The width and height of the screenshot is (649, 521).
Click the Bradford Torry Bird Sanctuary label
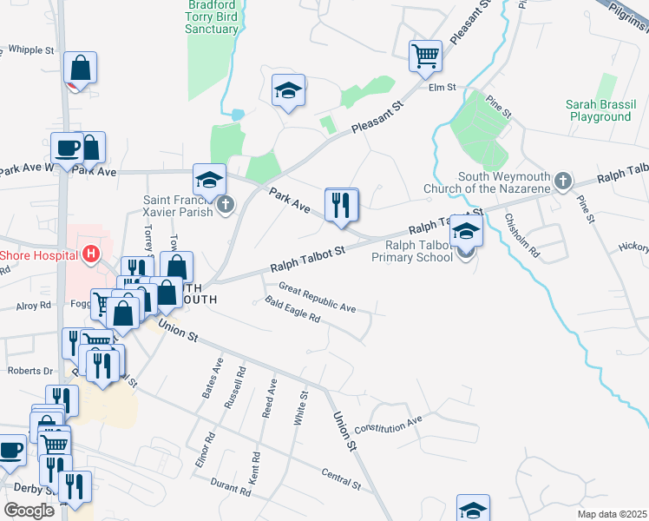(x=212, y=16)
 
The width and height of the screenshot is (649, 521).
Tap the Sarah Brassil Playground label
(x=598, y=110)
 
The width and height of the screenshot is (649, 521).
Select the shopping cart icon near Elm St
(x=425, y=57)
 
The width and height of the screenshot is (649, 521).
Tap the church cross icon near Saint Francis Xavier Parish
(x=226, y=206)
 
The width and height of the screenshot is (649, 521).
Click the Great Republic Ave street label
(x=317, y=296)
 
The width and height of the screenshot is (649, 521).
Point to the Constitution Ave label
(x=387, y=425)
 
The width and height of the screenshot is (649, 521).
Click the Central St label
(x=340, y=478)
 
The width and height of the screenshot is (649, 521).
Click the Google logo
(x=29, y=510)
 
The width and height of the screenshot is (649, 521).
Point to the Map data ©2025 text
(x=613, y=514)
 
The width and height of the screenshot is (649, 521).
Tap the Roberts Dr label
(x=30, y=370)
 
